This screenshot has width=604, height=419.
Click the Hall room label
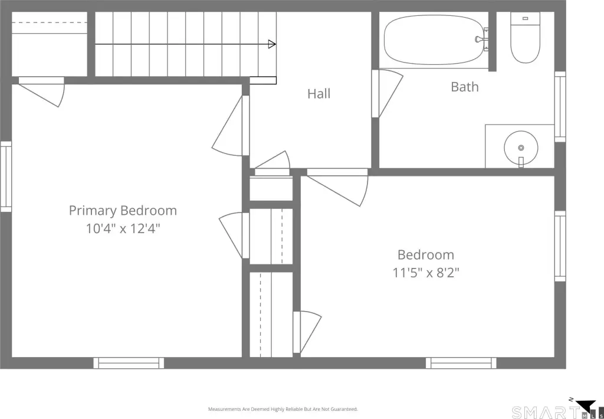point(319,94)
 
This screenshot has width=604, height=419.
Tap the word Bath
point(465,87)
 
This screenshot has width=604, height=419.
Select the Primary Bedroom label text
point(123,211)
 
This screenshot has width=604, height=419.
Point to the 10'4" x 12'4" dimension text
point(123,228)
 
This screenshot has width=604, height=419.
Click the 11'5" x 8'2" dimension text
point(426,273)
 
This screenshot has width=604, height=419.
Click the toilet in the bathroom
point(525,37)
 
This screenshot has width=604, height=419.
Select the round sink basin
point(521,148)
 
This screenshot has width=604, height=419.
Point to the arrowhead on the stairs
point(272,44)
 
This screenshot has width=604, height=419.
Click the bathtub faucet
point(482,40)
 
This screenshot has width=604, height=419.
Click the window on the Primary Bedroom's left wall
point(6,176)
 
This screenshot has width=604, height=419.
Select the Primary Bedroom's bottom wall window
point(129,363)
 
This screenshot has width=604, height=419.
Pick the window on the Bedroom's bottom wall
point(461,363)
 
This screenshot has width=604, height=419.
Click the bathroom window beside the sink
point(560,107)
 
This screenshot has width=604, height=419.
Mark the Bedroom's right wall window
point(560,246)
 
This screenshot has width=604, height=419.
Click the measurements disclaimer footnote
point(283,409)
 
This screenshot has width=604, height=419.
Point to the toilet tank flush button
point(525,18)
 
